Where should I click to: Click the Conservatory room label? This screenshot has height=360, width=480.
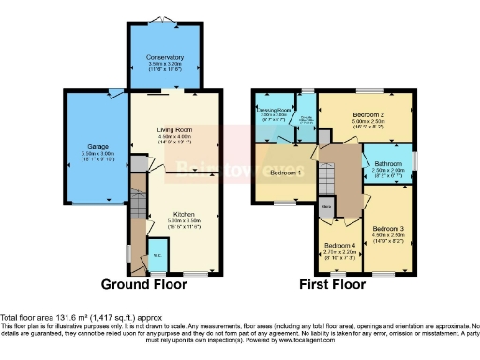(x=165, y=57)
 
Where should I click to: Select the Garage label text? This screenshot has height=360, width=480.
(x=98, y=147)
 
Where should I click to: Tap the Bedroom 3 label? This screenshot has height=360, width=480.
(x=388, y=229)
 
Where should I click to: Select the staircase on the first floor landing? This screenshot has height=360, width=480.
(x=326, y=173)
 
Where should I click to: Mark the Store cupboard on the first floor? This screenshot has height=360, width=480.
(x=326, y=205)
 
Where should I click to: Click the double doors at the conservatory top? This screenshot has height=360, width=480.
(x=165, y=21)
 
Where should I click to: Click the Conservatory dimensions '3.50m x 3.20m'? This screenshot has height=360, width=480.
(x=165, y=64)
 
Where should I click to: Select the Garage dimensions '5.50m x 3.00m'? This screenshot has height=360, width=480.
(x=98, y=154)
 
